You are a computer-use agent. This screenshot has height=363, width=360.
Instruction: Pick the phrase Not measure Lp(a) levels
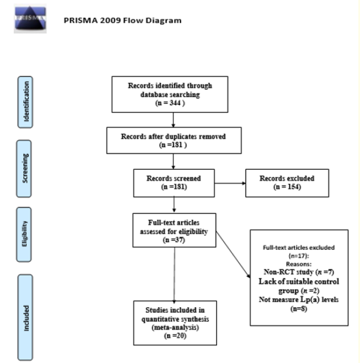coord(299,299)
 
